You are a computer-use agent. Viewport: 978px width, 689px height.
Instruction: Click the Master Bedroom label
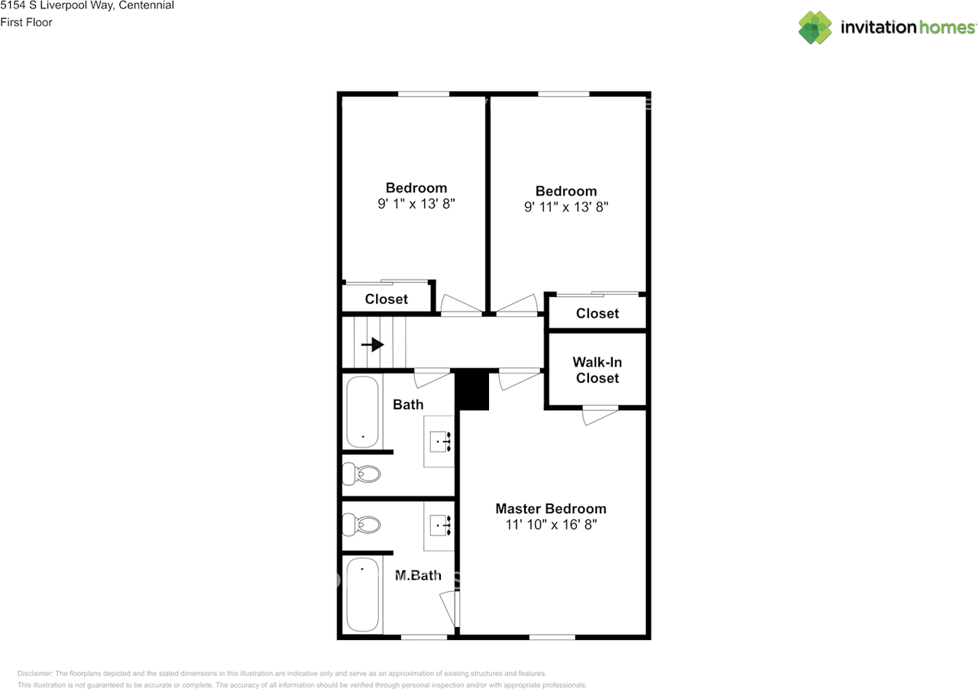tap(550, 509)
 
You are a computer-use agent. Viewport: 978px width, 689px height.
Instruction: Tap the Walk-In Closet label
tap(597, 370)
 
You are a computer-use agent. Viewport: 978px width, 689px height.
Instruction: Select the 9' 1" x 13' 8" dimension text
tap(416, 204)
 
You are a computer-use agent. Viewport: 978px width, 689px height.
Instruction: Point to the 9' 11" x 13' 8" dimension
tap(566, 207)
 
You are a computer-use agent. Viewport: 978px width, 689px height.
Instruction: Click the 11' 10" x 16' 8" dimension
tap(550, 526)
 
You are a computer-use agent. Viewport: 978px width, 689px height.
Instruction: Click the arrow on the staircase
tap(373, 344)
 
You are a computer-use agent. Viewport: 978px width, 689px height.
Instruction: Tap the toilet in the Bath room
tap(361, 474)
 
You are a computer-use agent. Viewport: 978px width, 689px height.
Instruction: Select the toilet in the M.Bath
tap(361, 525)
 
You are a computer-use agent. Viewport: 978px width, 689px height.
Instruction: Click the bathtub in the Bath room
tap(362, 412)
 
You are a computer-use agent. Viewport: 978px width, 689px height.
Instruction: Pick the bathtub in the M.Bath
tap(362, 594)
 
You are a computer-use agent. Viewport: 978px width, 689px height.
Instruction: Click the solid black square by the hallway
tap(472, 390)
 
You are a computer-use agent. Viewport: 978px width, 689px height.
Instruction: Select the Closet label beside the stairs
tap(386, 299)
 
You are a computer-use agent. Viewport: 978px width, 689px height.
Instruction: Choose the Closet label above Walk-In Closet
tap(597, 313)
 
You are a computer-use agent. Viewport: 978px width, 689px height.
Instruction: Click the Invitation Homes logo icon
tap(815, 27)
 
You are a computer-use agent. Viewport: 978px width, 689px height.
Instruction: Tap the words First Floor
tap(27, 22)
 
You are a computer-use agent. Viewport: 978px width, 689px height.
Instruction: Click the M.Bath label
tap(418, 575)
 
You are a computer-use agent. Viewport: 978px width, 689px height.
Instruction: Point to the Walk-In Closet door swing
tap(600, 416)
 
